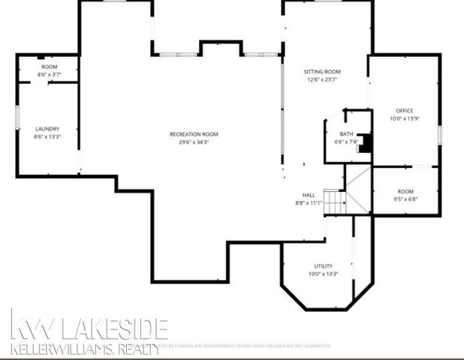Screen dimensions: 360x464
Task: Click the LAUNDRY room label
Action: coord(47,129)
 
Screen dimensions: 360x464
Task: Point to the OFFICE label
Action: coord(405,111)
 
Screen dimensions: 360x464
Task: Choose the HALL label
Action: coord(309,195)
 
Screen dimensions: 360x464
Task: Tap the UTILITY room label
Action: coord(323,266)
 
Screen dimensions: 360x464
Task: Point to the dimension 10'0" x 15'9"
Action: coord(405,118)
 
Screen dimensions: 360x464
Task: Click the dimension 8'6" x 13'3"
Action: coord(47,137)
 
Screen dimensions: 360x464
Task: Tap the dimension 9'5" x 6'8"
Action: coord(405,199)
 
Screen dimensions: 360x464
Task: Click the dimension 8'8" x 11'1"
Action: coord(309,202)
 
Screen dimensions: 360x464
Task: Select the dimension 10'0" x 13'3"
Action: coord(323,274)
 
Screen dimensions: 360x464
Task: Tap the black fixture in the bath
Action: coord(365,143)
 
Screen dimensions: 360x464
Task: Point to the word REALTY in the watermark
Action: coord(136,349)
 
